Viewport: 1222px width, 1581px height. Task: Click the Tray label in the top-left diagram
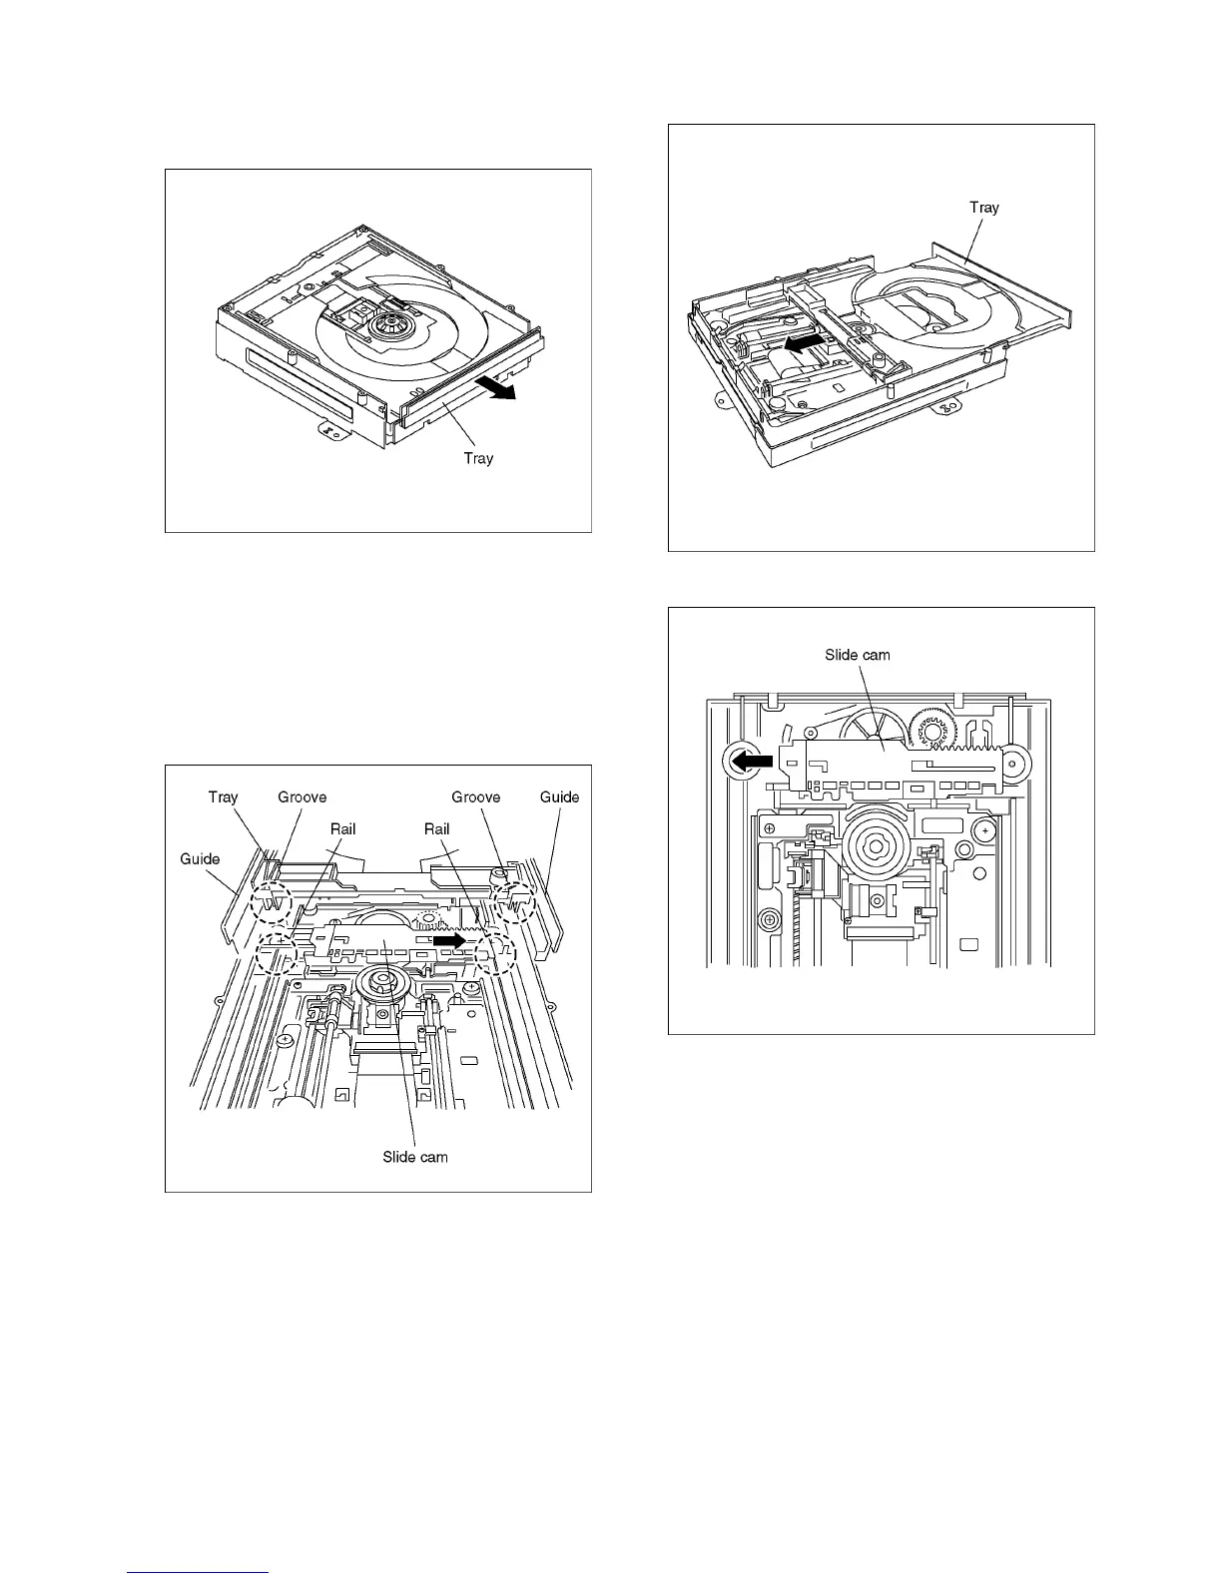click(478, 458)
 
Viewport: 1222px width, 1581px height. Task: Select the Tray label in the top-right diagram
click(983, 208)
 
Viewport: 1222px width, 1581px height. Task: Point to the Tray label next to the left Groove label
click(223, 796)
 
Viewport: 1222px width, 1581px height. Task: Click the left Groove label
click(302, 796)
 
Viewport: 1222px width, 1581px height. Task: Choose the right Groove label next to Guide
click(475, 796)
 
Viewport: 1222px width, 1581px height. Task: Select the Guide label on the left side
click(200, 858)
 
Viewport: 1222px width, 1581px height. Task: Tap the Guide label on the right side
click(559, 796)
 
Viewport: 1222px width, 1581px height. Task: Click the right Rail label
click(436, 828)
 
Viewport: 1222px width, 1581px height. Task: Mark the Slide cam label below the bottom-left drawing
click(415, 1157)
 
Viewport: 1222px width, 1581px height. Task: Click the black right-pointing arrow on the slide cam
click(448, 939)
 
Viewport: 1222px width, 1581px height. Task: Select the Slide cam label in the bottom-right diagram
click(857, 655)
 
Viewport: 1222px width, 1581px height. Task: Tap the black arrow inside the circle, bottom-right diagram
click(748, 761)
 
